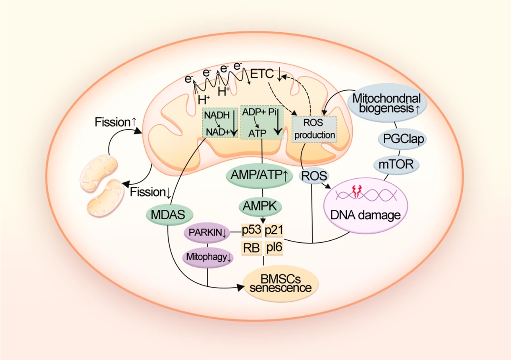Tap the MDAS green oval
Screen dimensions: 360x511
[x=170, y=215]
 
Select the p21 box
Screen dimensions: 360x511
[x=274, y=230]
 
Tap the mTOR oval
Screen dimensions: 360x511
[x=396, y=164]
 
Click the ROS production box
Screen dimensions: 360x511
[x=314, y=129]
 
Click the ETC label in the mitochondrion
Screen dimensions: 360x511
[x=263, y=75]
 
